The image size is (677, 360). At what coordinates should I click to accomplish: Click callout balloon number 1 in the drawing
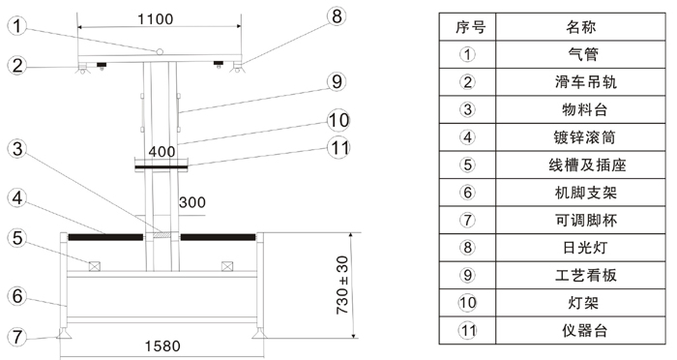[17, 26]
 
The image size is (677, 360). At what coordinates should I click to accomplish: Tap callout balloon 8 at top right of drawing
[337, 16]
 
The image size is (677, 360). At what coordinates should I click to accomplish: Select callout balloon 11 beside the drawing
[338, 148]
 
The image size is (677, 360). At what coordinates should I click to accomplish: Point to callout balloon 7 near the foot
[17, 337]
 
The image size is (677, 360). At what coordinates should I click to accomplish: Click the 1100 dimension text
[156, 19]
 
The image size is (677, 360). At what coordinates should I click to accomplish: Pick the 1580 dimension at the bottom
[162, 345]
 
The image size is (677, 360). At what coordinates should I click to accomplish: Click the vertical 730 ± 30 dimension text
[342, 285]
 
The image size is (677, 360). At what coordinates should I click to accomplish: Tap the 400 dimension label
[162, 152]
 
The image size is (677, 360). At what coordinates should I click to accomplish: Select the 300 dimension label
[192, 202]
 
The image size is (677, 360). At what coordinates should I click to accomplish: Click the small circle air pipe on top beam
[160, 52]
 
